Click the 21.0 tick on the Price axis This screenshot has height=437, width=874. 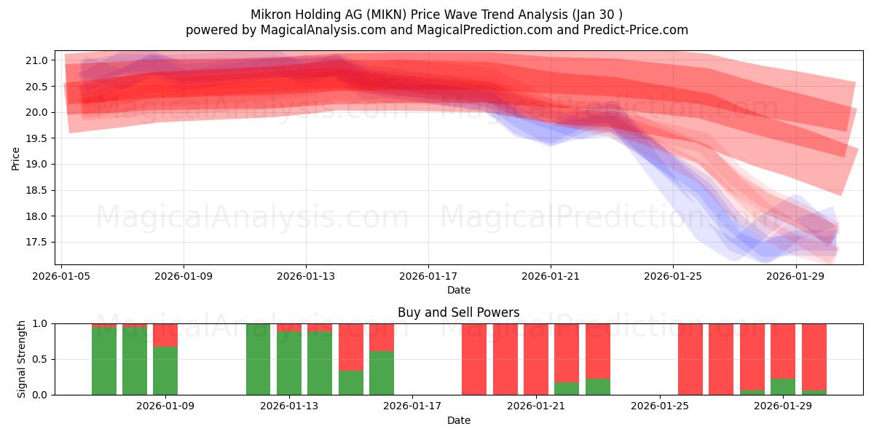[39, 60]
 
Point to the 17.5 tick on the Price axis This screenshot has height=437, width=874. [39, 243]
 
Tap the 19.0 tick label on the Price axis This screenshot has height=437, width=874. [39, 165]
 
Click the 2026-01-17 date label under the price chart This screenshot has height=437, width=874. [428, 277]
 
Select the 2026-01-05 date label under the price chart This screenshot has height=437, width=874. [62, 277]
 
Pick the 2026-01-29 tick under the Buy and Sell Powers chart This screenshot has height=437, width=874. [783, 406]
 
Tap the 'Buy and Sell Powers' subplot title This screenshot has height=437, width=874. [458, 312]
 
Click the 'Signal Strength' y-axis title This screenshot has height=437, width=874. [22, 359]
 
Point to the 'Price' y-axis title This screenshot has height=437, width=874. [16, 158]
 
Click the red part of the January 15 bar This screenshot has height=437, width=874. [350, 347]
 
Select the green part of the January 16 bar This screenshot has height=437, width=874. [382, 373]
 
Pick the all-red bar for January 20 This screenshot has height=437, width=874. [505, 359]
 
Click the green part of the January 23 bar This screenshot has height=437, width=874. [597, 387]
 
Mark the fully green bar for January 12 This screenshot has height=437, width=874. [258, 359]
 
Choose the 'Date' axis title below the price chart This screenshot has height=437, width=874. [458, 290]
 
